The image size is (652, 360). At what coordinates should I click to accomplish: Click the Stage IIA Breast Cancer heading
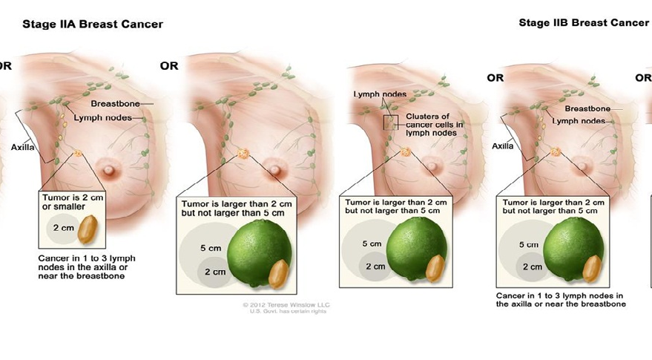tap(93, 24)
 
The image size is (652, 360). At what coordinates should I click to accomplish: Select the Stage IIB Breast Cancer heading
tap(584, 22)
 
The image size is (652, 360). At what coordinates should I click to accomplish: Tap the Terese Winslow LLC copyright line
tap(286, 304)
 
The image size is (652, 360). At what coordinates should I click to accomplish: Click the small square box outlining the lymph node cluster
tap(390, 122)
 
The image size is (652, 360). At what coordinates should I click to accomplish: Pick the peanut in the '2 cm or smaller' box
tap(89, 226)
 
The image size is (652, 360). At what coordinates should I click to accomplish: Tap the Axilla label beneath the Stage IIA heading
tap(23, 147)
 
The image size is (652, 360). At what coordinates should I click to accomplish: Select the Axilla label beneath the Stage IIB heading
tap(503, 146)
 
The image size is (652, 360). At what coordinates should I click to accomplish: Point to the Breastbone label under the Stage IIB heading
tap(587, 108)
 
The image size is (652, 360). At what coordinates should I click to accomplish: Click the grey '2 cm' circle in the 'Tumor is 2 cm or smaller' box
tap(62, 228)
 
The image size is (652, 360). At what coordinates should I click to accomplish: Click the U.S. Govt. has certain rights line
tap(286, 311)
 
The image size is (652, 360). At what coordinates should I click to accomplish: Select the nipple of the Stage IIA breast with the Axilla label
tap(110, 169)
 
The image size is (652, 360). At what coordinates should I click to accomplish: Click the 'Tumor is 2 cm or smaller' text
tap(67, 203)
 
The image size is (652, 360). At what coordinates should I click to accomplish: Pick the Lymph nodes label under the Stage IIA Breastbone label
tap(102, 117)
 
